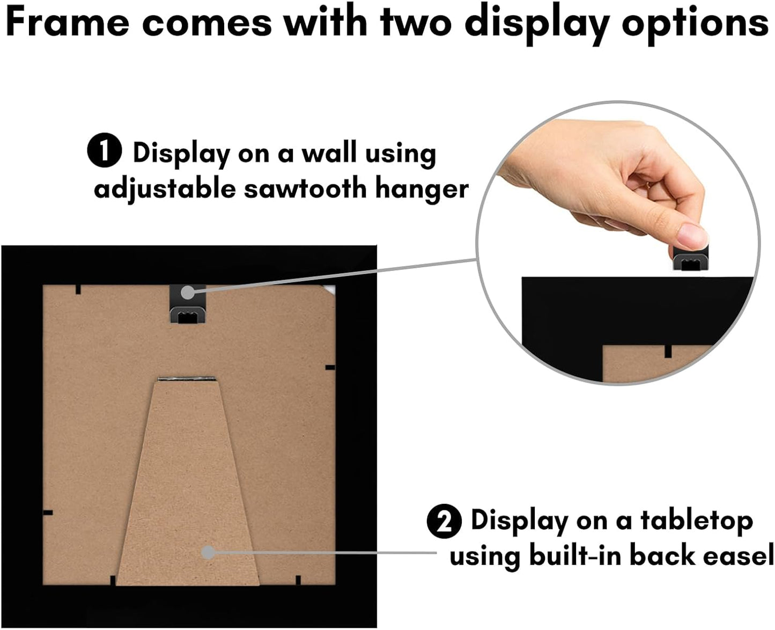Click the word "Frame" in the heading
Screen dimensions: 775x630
[68, 23]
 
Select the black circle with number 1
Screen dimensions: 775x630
[105, 150]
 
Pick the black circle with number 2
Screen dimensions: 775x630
[444, 522]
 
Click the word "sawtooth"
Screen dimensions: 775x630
[305, 188]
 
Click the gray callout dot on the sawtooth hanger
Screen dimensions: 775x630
[187, 292]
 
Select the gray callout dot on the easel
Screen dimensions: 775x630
[208, 553]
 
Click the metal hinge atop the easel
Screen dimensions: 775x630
[187, 379]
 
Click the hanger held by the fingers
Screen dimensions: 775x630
[691, 258]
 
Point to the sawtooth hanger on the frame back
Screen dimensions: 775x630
[188, 304]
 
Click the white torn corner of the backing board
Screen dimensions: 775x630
[329, 290]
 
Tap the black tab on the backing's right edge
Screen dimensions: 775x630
[330, 368]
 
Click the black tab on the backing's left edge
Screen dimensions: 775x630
[48, 513]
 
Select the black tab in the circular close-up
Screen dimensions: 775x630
[668, 351]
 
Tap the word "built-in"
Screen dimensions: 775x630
[575, 555]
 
